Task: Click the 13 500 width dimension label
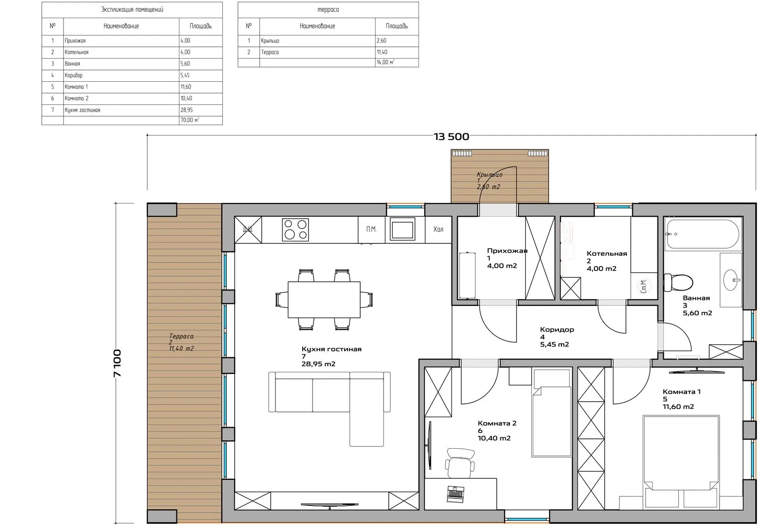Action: tap(451, 136)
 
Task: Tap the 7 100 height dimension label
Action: tap(117, 363)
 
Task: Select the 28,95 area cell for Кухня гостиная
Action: tap(201, 110)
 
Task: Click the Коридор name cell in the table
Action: tap(121, 75)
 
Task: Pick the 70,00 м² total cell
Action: tap(201, 120)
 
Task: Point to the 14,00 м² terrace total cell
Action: tap(397, 62)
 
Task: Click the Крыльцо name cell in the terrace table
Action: tap(317, 40)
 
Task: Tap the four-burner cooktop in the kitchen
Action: tap(296, 230)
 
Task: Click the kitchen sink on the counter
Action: tap(402, 229)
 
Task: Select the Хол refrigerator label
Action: tap(438, 229)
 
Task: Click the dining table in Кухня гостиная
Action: tap(324, 299)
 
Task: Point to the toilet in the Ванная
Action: tap(678, 282)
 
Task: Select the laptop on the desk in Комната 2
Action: tap(456, 494)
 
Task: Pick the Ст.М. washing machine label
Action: tap(644, 287)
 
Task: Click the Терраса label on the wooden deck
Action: tap(181, 336)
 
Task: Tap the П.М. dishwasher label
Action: tap(372, 229)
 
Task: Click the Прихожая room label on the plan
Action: tap(507, 251)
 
